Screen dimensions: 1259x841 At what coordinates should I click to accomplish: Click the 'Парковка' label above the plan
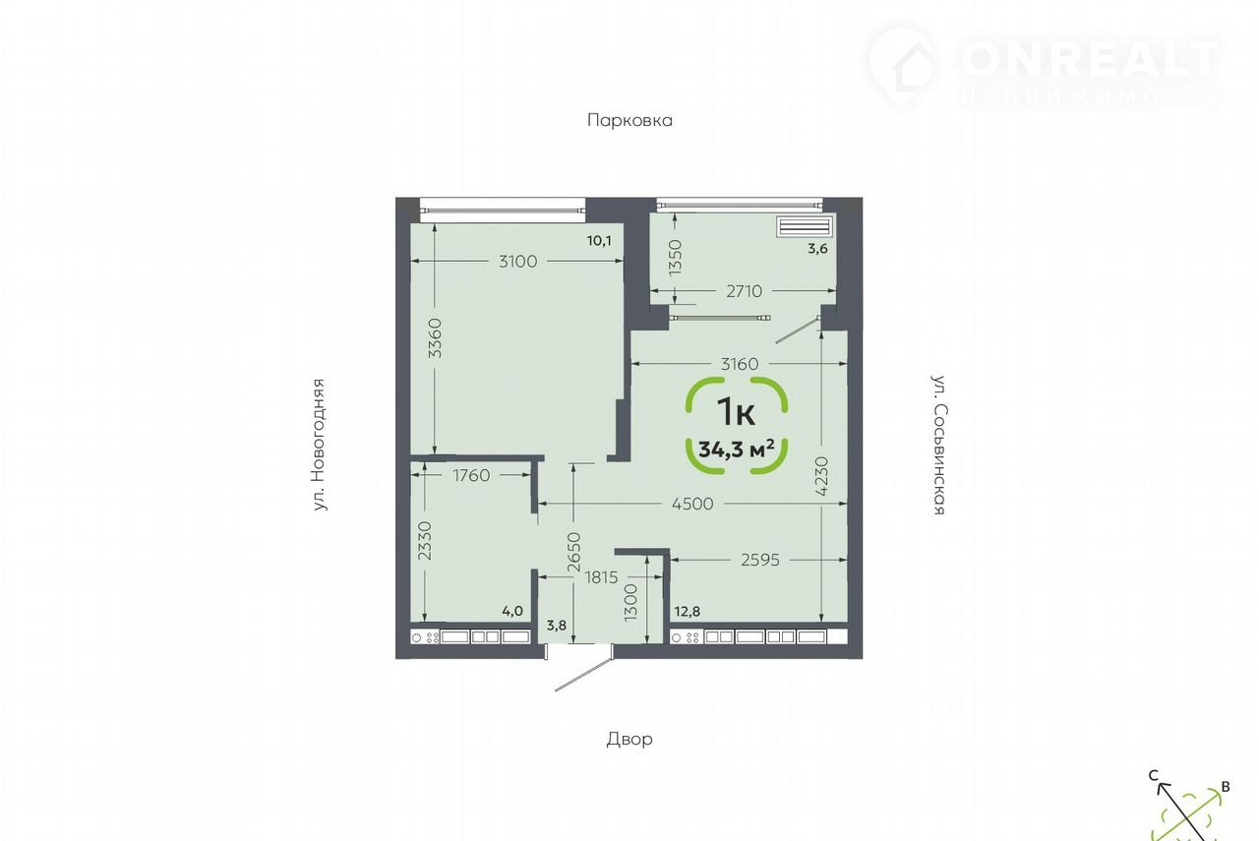[x=629, y=120]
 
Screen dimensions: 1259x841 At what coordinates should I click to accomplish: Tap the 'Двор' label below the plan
[x=629, y=739]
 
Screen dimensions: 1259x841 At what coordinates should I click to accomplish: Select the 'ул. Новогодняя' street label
[x=319, y=445]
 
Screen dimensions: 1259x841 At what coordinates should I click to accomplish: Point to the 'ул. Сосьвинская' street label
[x=939, y=445]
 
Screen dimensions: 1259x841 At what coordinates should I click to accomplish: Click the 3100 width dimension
[x=517, y=262]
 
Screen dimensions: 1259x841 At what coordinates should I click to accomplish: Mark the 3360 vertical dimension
[x=435, y=338]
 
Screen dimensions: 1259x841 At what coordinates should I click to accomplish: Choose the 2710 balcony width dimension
[x=745, y=291]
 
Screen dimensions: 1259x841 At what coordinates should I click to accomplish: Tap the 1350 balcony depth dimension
[x=675, y=258]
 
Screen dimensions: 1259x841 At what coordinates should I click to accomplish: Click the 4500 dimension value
[x=692, y=504]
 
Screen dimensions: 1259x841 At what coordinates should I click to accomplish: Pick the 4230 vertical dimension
[x=821, y=476]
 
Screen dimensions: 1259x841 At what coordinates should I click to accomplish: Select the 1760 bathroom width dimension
[x=471, y=476]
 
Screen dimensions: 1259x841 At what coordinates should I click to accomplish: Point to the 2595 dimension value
[x=760, y=560]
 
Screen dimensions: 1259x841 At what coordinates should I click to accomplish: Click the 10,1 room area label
[x=599, y=241]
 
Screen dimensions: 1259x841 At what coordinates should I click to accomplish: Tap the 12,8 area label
[x=688, y=612]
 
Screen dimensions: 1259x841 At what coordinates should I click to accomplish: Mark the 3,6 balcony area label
[x=817, y=249]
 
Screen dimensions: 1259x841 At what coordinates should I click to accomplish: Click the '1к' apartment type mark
[x=737, y=411]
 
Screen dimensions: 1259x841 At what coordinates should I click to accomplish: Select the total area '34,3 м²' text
[x=737, y=450]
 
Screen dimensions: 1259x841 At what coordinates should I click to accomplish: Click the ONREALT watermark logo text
[x=1089, y=58]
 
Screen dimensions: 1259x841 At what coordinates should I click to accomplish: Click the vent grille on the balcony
[x=805, y=226]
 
